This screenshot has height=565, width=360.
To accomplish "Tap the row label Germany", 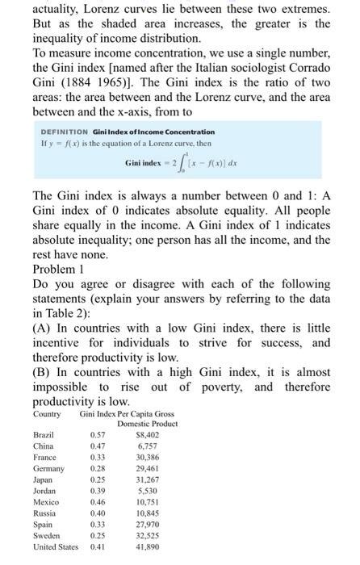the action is click(48, 468).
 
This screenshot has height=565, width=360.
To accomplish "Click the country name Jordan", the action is click(44, 491).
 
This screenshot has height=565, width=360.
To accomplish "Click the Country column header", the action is click(47, 413).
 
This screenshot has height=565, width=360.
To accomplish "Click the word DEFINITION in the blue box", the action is click(65, 132).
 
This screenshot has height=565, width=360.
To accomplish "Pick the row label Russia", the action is click(44, 513).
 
